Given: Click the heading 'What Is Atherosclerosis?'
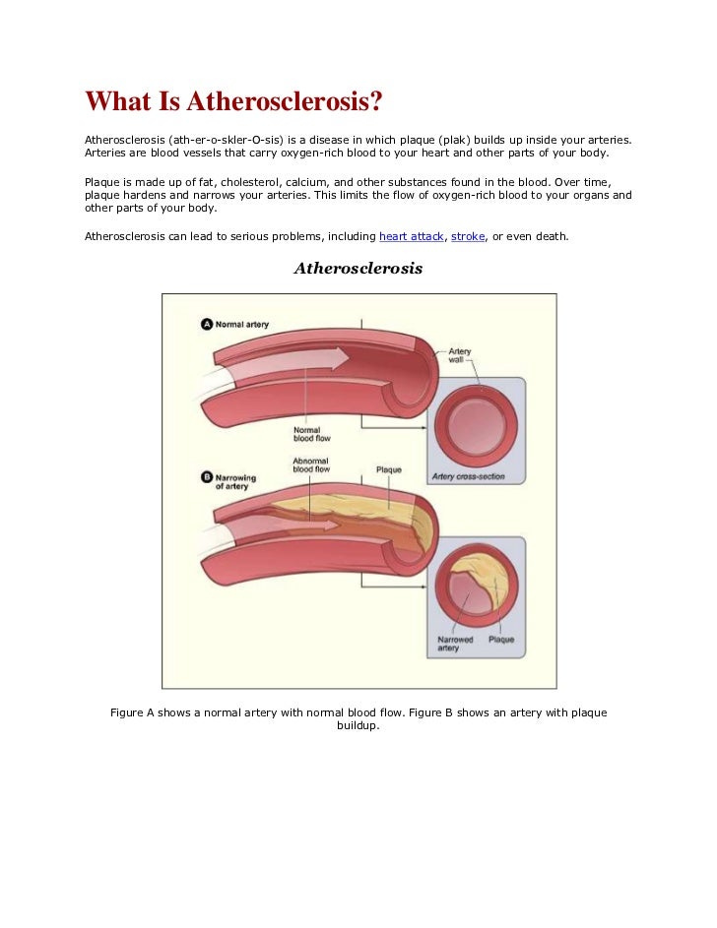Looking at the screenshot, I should tap(232, 102).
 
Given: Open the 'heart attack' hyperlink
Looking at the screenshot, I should tap(411, 237).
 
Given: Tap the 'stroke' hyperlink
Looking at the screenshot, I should tap(468, 237).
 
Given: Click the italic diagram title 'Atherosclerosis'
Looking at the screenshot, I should tap(358, 268).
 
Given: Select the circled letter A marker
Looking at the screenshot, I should tap(207, 324).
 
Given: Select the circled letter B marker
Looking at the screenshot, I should tap(207, 477).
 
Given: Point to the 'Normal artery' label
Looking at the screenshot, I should tap(242, 324).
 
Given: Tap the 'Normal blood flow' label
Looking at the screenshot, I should tap(311, 435).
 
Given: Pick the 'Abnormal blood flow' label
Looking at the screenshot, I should tap(311, 464).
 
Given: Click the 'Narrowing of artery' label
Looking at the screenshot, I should tap(235, 482).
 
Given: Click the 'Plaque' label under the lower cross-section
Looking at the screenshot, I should tap(501, 640).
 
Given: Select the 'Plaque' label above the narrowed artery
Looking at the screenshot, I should tap(389, 469).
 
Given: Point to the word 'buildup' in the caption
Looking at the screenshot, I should tap(358, 727).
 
